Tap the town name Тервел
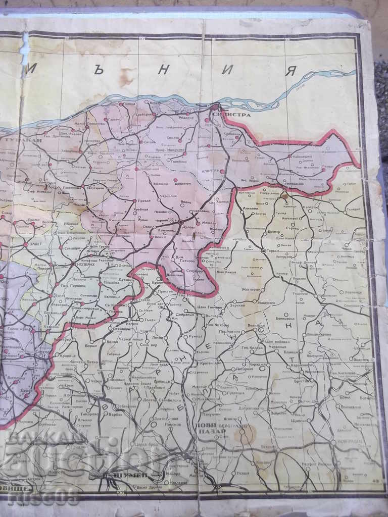274,251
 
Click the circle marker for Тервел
263,250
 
